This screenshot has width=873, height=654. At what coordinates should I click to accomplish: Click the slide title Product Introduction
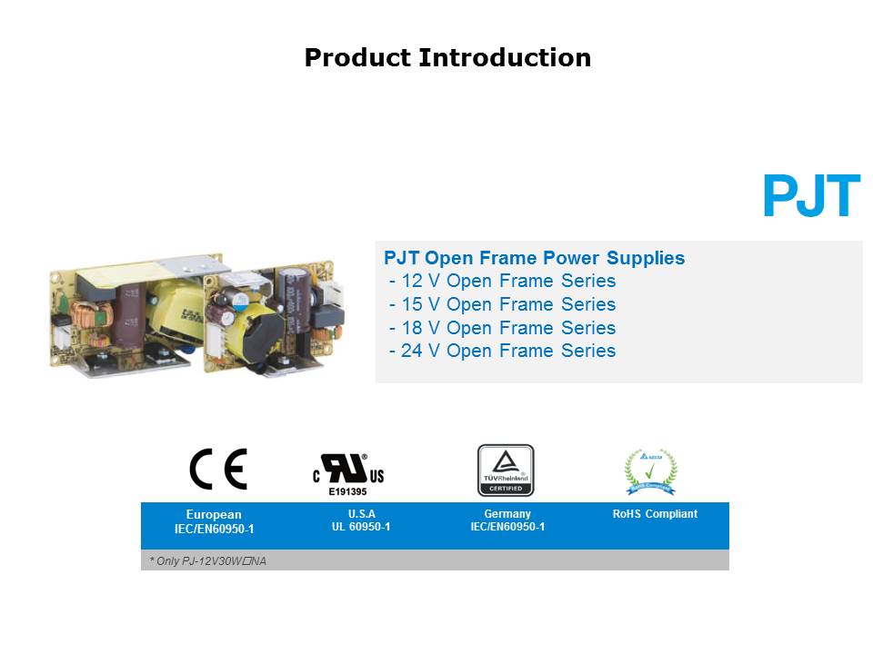(447, 58)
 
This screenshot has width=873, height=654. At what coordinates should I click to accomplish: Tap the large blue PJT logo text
(811, 196)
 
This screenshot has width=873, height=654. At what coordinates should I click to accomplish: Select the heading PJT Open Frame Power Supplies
(535, 258)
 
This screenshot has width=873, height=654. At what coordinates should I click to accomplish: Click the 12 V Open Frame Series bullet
(502, 282)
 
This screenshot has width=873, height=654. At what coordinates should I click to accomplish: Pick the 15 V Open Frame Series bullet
(502, 304)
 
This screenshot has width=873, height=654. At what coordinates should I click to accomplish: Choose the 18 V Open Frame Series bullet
(502, 328)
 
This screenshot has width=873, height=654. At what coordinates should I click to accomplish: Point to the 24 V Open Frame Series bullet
(502, 351)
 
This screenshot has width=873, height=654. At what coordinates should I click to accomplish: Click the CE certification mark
(217, 470)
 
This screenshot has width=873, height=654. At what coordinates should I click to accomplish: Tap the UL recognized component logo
(348, 470)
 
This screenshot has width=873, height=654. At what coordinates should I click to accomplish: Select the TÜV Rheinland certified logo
(506, 470)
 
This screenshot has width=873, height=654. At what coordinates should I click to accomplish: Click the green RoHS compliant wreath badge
(650, 471)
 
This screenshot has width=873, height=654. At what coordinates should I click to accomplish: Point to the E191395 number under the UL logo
(347, 491)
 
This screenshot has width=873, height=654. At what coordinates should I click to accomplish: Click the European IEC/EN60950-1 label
(214, 521)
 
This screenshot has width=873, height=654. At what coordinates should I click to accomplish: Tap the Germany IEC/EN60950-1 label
(507, 520)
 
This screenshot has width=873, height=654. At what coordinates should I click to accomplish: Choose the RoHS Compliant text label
(655, 514)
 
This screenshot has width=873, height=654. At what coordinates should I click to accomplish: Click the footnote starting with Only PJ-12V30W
(208, 561)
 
